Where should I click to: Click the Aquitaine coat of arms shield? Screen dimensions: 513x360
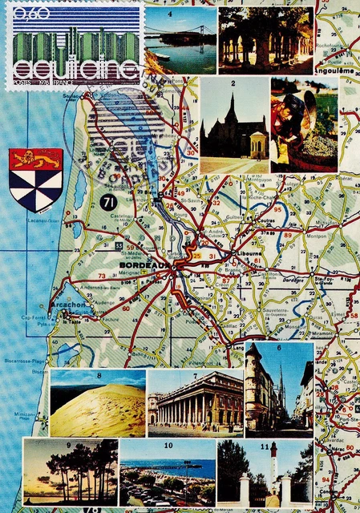click(35, 179)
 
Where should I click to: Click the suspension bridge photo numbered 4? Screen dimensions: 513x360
click(180, 40)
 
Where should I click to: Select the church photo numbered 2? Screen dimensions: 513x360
click(233, 125)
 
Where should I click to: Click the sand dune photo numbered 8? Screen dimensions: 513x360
click(98, 403)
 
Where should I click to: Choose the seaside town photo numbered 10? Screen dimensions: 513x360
click(167, 472)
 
